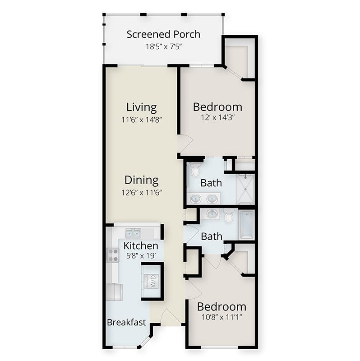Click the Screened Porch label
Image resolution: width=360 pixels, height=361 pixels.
click(x=163, y=35)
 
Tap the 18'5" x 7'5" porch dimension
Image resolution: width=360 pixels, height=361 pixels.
click(x=164, y=47)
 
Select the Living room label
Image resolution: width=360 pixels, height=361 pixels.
click(x=142, y=107)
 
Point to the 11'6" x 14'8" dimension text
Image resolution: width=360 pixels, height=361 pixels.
click(x=142, y=120)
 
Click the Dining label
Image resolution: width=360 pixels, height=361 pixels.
click(x=142, y=180)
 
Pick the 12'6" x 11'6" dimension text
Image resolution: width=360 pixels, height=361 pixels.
click(x=142, y=193)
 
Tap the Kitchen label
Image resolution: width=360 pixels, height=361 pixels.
click(x=141, y=245)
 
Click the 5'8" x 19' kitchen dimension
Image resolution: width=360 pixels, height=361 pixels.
click(x=141, y=255)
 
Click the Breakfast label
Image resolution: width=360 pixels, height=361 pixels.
click(x=126, y=322)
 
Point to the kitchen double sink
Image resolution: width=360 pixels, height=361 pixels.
click(x=133, y=233)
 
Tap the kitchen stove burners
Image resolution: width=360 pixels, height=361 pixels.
click(x=113, y=255)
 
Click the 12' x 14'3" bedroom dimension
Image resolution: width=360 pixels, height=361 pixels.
click(x=217, y=118)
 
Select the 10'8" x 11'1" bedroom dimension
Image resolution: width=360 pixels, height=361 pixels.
click(x=222, y=317)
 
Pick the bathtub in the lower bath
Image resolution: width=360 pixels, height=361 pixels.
click(x=246, y=225)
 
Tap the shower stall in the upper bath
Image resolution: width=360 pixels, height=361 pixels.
click(x=246, y=189)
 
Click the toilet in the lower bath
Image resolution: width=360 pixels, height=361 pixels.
click(x=229, y=216)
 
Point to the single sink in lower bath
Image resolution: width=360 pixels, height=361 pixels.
click(x=212, y=214)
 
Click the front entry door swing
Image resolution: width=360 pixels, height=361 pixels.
click(x=171, y=317)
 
